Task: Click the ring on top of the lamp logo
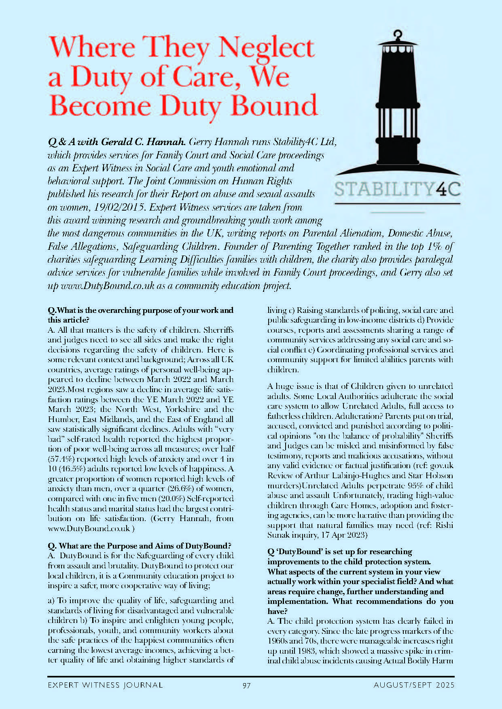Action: [398, 34]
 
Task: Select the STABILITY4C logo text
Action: [397, 189]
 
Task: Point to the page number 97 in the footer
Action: [247, 685]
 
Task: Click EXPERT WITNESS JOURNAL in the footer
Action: [105, 685]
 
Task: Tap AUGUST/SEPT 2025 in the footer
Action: [414, 685]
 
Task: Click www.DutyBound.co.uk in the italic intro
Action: [107, 286]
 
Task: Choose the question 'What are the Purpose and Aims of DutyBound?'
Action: [140, 546]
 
